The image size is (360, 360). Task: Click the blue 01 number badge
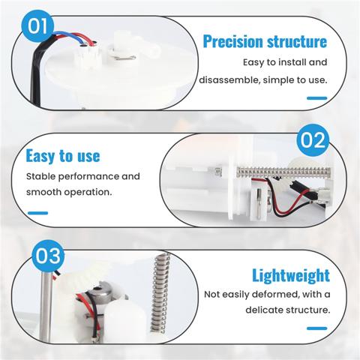[x=37, y=26]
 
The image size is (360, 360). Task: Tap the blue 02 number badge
[x=313, y=140]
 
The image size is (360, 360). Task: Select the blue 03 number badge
[x=48, y=256]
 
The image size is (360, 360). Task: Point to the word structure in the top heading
[x=297, y=41]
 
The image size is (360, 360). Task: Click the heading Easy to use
[x=63, y=156]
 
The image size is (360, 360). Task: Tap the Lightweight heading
[x=291, y=275]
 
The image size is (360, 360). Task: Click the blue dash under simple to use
[x=317, y=98]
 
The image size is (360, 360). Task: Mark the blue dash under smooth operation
[x=37, y=213]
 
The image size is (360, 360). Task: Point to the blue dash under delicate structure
[x=317, y=328]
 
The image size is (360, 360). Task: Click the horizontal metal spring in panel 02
[x=283, y=172]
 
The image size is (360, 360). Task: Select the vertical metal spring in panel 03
[x=160, y=293]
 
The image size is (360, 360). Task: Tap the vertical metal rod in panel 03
[x=46, y=307]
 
